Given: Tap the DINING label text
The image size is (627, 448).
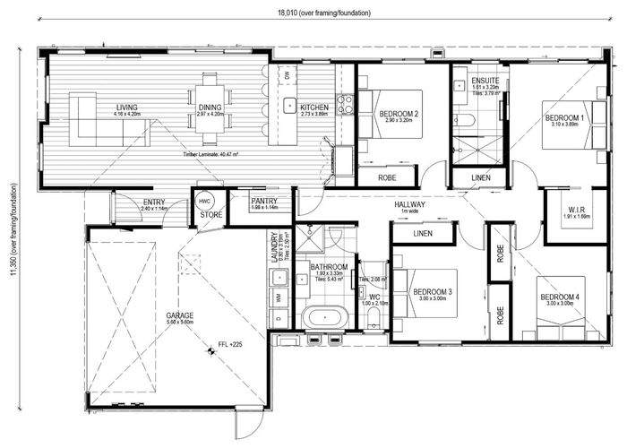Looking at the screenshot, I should click(212, 108).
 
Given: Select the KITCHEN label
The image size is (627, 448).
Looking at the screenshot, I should click(314, 108).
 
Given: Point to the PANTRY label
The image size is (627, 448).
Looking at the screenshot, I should click(263, 201).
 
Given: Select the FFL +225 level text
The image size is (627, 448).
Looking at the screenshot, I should click(231, 344).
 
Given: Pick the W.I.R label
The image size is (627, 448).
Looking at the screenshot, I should click(576, 211).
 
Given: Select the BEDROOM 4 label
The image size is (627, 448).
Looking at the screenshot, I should click(558, 296).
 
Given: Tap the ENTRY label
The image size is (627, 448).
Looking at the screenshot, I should click(154, 202).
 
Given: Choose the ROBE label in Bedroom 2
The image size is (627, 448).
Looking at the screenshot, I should click(388, 177).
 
